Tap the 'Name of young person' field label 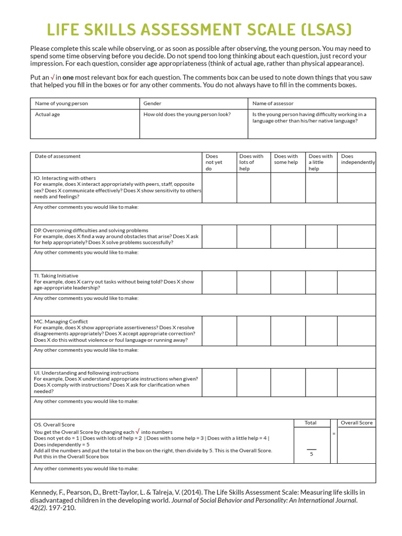coord(61,104)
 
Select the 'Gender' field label coord(152,104)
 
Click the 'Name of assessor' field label coord(273,104)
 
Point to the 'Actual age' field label coord(47,114)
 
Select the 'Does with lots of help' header coord(251,162)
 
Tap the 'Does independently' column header coord(358,159)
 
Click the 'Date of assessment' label coord(58,156)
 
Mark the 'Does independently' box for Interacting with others coord(356,187)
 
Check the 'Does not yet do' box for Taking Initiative coord(219,282)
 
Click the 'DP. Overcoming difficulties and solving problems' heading coord(91,230)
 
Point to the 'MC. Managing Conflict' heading coord(61,321)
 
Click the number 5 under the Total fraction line coord(311,454)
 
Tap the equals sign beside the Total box coord(333,434)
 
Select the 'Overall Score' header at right coord(356,422)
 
